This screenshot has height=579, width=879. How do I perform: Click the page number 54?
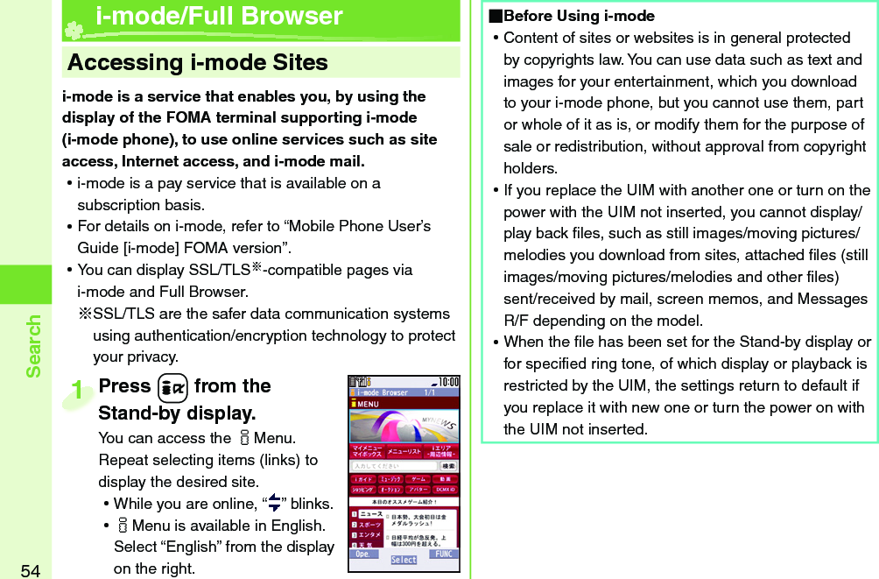click(x=30, y=570)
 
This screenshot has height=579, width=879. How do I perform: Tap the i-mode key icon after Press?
click(x=172, y=387)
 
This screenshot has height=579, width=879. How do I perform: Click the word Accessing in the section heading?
click(x=124, y=63)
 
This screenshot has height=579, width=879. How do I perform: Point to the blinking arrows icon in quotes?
click(x=274, y=503)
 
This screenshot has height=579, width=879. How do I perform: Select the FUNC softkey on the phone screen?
click(x=444, y=554)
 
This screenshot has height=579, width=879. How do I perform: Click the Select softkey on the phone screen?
click(x=404, y=560)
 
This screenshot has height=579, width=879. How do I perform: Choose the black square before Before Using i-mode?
click(x=496, y=17)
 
